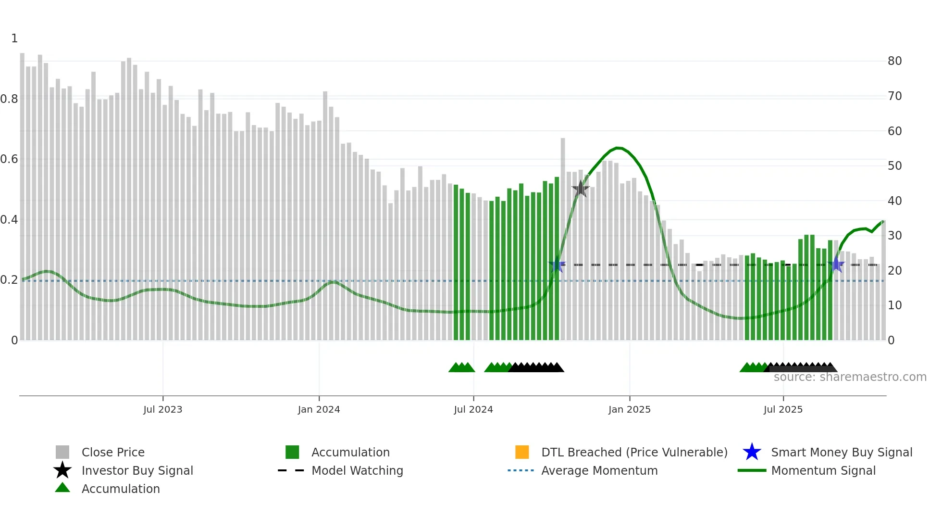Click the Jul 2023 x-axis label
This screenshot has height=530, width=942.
pyautogui.click(x=162, y=409)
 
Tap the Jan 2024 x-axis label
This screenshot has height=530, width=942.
pyautogui.click(x=319, y=409)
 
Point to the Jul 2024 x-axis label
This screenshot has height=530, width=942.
pyautogui.click(x=473, y=409)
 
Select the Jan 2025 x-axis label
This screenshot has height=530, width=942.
pyautogui.click(x=629, y=409)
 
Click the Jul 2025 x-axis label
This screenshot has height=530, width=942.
pyautogui.click(x=783, y=409)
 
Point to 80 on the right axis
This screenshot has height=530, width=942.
pyautogui.click(x=894, y=61)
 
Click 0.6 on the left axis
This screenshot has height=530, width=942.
pyautogui.click(x=9, y=159)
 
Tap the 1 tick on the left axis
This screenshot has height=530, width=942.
pyautogui.click(x=14, y=38)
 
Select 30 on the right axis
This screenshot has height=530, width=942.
pyautogui.click(x=894, y=236)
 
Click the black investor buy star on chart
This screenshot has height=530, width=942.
pyautogui.click(x=581, y=189)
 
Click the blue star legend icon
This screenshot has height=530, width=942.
pyautogui.click(x=752, y=452)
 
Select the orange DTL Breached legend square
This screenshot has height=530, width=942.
pyautogui.click(x=522, y=452)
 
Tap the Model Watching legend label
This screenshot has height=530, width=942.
pyautogui.click(x=357, y=470)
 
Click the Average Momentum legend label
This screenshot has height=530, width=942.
pyautogui.click(x=599, y=470)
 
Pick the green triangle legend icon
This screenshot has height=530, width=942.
pyautogui.click(x=62, y=488)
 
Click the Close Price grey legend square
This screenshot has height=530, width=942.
pyautogui.click(x=62, y=452)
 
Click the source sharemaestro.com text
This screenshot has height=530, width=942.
pyautogui.click(x=850, y=377)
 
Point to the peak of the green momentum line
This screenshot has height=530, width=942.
pyautogui.click(x=619, y=148)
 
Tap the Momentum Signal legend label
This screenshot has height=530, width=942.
pyautogui.click(x=823, y=470)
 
